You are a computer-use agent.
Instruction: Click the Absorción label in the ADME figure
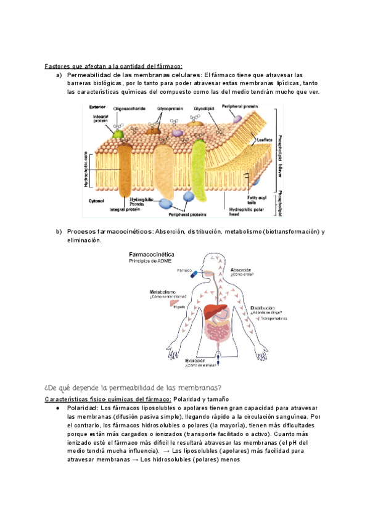pyautogui.click(x=241, y=270)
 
